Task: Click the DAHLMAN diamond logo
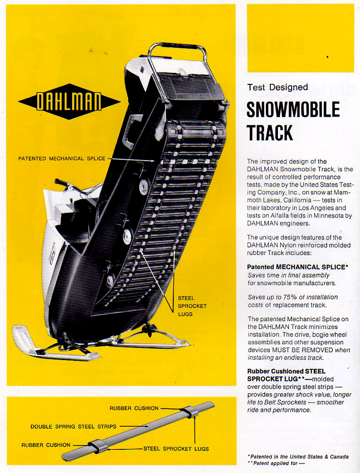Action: click(69, 101)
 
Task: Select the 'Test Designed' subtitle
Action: click(277, 87)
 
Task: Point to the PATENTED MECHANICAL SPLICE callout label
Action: click(62, 158)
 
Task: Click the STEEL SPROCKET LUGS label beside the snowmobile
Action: click(192, 306)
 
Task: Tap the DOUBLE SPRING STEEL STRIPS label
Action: click(73, 427)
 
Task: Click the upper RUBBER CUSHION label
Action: click(134, 408)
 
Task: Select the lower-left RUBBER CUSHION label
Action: click(46, 445)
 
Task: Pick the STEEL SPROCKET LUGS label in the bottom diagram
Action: click(176, 448)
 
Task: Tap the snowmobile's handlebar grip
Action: click(61, 183)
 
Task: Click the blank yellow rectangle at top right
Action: click(301, 38)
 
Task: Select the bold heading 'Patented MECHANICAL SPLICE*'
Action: click(298, 267)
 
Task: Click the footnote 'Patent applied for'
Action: click(276, 463)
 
